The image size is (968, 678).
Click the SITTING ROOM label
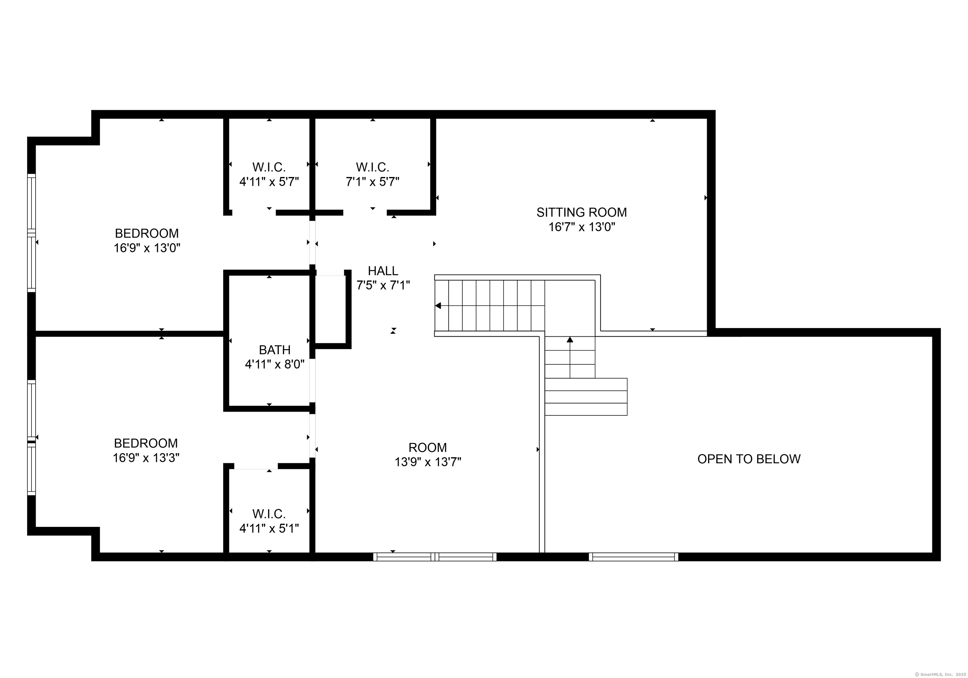coord(581,212)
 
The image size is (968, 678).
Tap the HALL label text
coord(383,271)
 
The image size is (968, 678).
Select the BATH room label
coord(274,350)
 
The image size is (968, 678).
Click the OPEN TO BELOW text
coord(749,459)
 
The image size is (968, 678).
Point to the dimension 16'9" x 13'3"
coord(146,458)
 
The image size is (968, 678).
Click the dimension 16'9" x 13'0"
coord(147,248)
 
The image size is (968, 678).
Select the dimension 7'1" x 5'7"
coord(372,182)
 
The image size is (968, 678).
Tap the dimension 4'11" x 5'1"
coord(269,528)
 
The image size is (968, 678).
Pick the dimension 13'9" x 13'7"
coord(428,462)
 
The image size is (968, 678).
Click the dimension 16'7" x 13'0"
coord(581,227)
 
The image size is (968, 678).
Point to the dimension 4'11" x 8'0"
coord(274,364)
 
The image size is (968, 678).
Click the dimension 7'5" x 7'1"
coord(383,285)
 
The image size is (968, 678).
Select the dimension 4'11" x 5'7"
coord(269,182)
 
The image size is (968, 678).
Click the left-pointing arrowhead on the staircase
coord(438,305)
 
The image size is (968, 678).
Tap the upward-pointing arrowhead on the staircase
coord(570,339)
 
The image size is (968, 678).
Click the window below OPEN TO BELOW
coord(633,557)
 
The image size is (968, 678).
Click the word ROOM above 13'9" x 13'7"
coord(428,447)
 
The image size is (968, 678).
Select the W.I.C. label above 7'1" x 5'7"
coord(372,167)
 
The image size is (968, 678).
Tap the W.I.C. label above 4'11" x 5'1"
coord(269,514)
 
